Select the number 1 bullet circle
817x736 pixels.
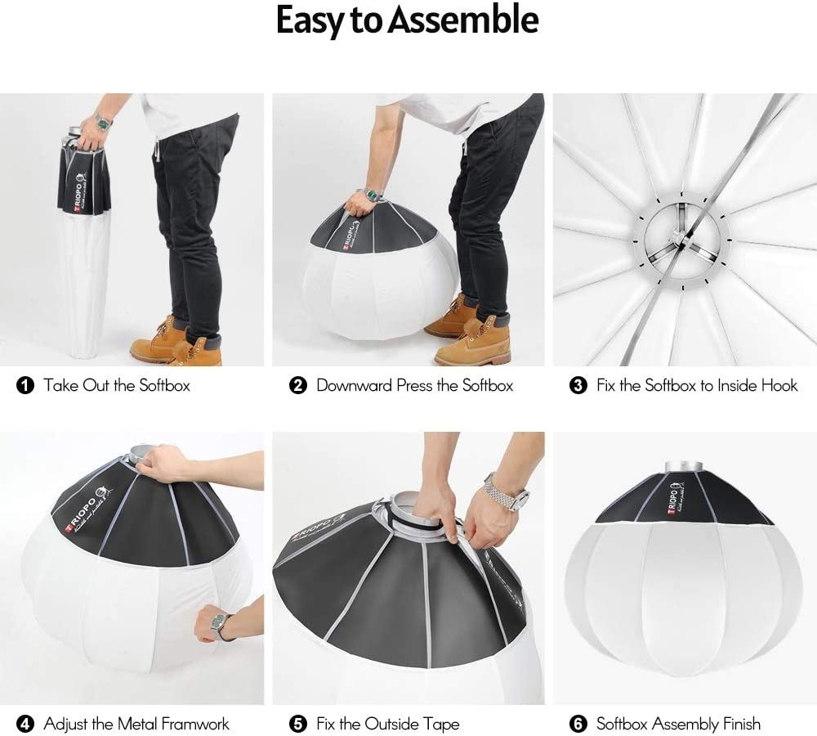[25, 385]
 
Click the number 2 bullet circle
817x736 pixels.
[298, 385]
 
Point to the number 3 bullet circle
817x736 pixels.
[578, 385]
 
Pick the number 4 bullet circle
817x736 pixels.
[25, 724]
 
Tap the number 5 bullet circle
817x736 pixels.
[298, 724]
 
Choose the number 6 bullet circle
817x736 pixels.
[578, 724]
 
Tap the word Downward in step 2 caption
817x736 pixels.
[354, 385]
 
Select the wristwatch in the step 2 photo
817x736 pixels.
[373, 195]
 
